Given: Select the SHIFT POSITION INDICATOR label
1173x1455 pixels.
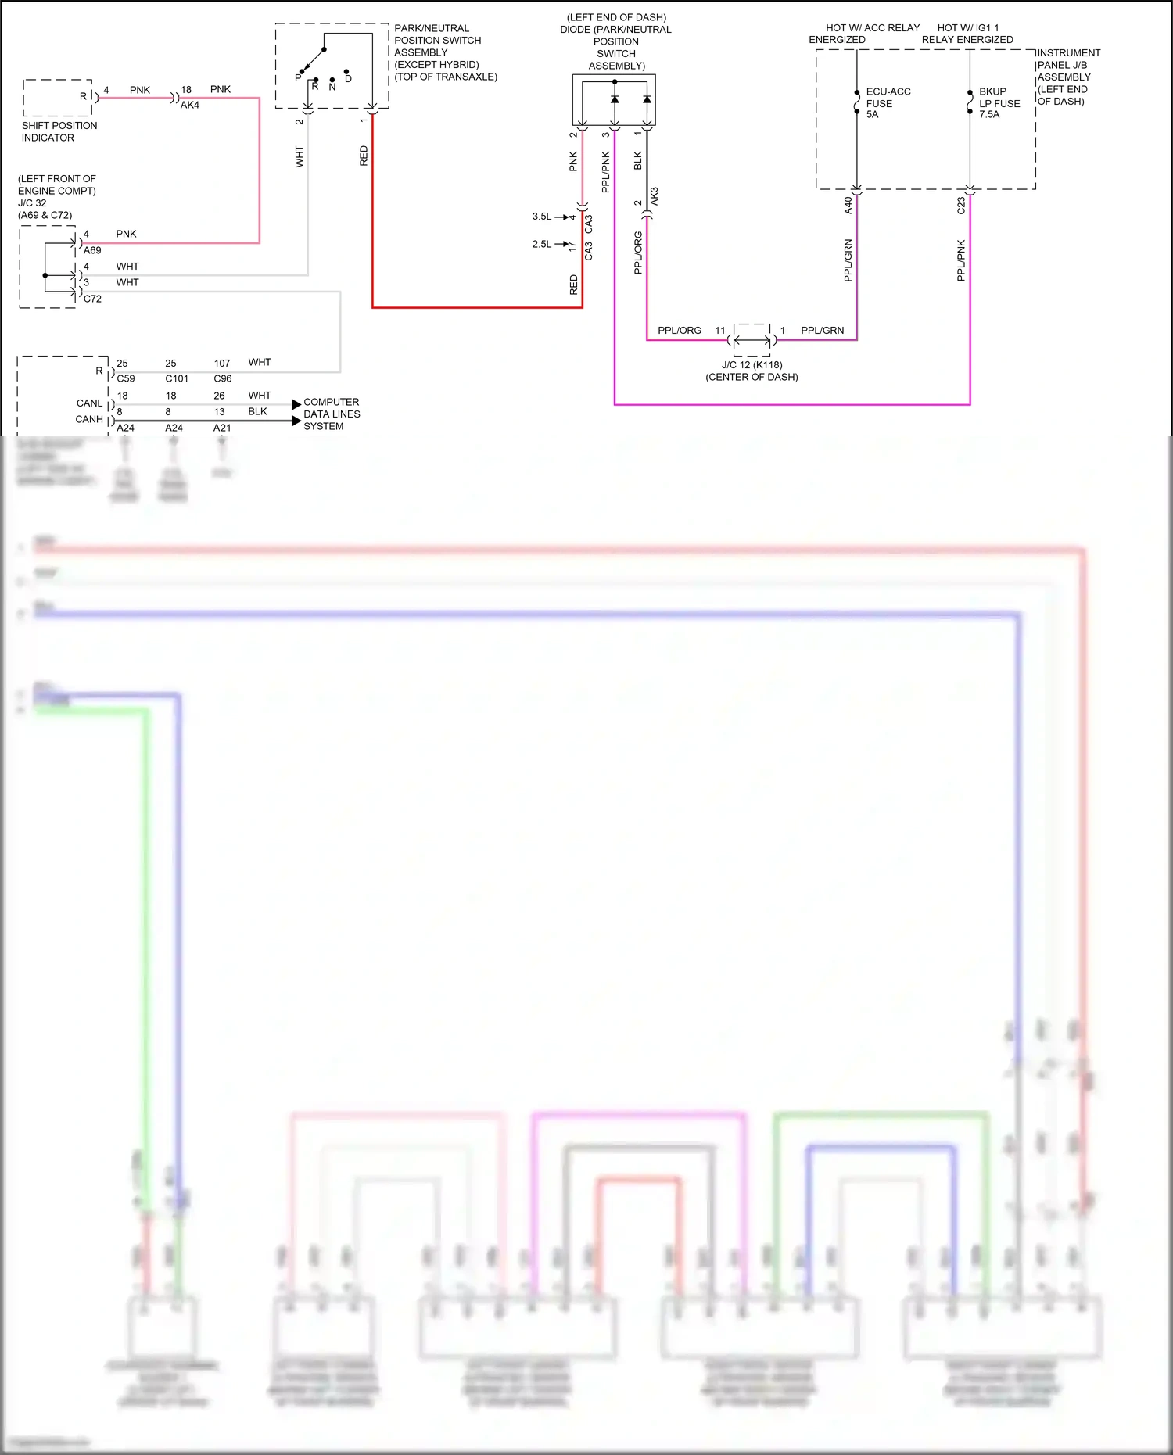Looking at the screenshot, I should [x=59, y=131].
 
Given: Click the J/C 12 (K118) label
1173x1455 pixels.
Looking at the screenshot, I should [x=752, y=365].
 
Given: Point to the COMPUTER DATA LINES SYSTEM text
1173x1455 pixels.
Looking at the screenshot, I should [x=332, y=414].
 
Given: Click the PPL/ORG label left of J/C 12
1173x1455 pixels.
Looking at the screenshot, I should [x=679, y=331].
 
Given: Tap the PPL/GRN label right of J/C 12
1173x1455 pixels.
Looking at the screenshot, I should [x=822, y=331].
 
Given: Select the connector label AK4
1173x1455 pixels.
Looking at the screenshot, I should [x=190, y=105].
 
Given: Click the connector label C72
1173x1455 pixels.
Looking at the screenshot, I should [x=92, y=299].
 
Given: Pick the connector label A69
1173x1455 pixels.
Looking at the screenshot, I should [x=92, y=250].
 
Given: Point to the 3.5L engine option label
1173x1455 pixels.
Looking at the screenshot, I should [x=542, y=217].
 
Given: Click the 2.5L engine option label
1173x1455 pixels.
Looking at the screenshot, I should [x=542, y=244].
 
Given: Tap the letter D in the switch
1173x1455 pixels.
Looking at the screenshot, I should [x=348, y=79].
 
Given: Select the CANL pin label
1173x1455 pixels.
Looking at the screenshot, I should [x=89, y=403].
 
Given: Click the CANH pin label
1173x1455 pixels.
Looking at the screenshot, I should [x=89, y=419].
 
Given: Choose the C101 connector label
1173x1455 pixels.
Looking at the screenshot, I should [x=177, y=378].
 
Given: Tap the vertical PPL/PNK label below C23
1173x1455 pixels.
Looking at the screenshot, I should [x=961, y=260].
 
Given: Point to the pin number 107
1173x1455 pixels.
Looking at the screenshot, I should [x=222, y=364].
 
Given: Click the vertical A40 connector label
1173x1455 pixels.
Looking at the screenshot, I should [x=848, y=206].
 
